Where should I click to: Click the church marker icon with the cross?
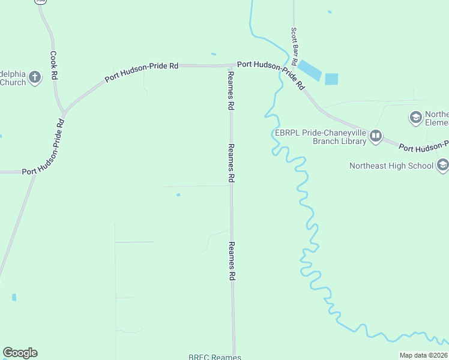pos(35,77)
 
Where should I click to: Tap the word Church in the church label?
pos(13,82)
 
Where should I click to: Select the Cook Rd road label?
pos(53,66)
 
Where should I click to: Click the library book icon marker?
pos(376,136)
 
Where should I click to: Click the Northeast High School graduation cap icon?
pos(442,164)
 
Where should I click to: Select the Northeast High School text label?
pos(391,166)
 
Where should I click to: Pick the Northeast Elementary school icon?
pos(415,118)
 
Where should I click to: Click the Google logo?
pos(20,353)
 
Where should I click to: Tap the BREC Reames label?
pos(214,357)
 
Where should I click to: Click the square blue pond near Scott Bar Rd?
pos(331,79)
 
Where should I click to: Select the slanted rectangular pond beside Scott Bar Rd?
pos(310,70)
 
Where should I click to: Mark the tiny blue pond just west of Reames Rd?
pos(178,194)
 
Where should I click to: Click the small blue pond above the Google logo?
pos(14,297)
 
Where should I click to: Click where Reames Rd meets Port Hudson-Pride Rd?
pos(231,65)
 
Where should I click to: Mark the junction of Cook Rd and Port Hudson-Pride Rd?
pos(63,112)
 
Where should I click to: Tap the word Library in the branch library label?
pos(352,142)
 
